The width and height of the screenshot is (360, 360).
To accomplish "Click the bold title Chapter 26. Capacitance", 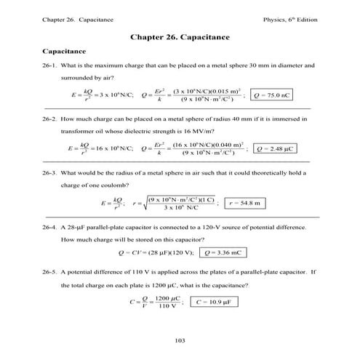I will pos(180,36).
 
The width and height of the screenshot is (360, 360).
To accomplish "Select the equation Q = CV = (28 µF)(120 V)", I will pos(156,252).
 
